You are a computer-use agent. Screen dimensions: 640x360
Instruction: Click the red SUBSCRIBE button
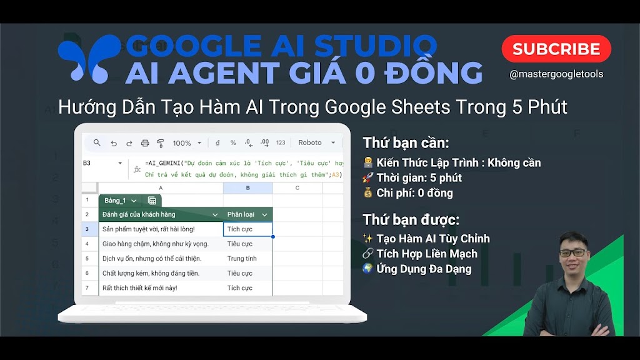pyautogui.click(x=556, y=49)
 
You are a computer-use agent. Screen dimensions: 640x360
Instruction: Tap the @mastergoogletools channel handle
pyautogui.click(x=556, y=74)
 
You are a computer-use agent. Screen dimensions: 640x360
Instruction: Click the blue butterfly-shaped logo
pyautogui.click(x=89, y=59)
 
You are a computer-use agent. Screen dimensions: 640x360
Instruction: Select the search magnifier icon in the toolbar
pyautogui.click(x=97, y=143)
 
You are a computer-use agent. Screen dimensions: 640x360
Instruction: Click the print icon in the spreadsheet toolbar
pyautogui.click(x=145, y=143)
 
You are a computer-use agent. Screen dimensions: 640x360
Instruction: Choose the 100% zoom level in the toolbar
pyautogui.click(x=182, y=143)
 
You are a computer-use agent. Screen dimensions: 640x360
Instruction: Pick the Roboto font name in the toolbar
pyautogui.click(x=310, y=142)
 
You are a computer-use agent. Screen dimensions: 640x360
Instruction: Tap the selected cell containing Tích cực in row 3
pyautogui.click(x=247, y=229)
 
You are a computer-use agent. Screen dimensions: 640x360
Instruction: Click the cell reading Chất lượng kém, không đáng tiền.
pyautogui.click(x=151, y=273)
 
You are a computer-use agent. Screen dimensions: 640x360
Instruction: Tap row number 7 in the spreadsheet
pyautogui.click(x=87, y=287)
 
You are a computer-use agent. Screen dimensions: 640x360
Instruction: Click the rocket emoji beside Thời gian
pyautogui.click(x=367, y=177)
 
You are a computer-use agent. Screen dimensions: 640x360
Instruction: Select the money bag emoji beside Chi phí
pyautogui.click(x=367, y=192)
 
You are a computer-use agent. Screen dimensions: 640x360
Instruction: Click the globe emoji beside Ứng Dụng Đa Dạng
pyautogui.click(x=367, y=269)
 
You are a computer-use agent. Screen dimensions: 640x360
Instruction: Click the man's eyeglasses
pyautogui.click(x=572, y=252)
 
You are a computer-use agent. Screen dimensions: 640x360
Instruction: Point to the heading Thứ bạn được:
pyautogui.click(x=411, y=219)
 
